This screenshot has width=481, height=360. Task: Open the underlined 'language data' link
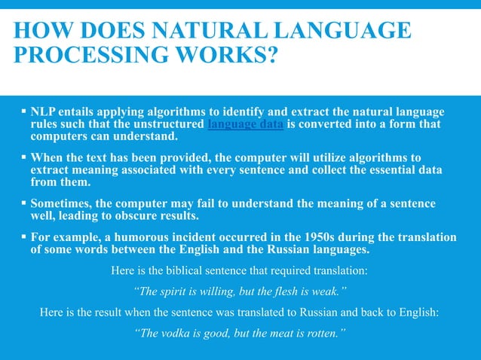[245, 124]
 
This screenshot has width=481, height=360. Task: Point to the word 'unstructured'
[167, 124]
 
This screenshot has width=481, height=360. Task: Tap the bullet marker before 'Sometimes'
[24, 203]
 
